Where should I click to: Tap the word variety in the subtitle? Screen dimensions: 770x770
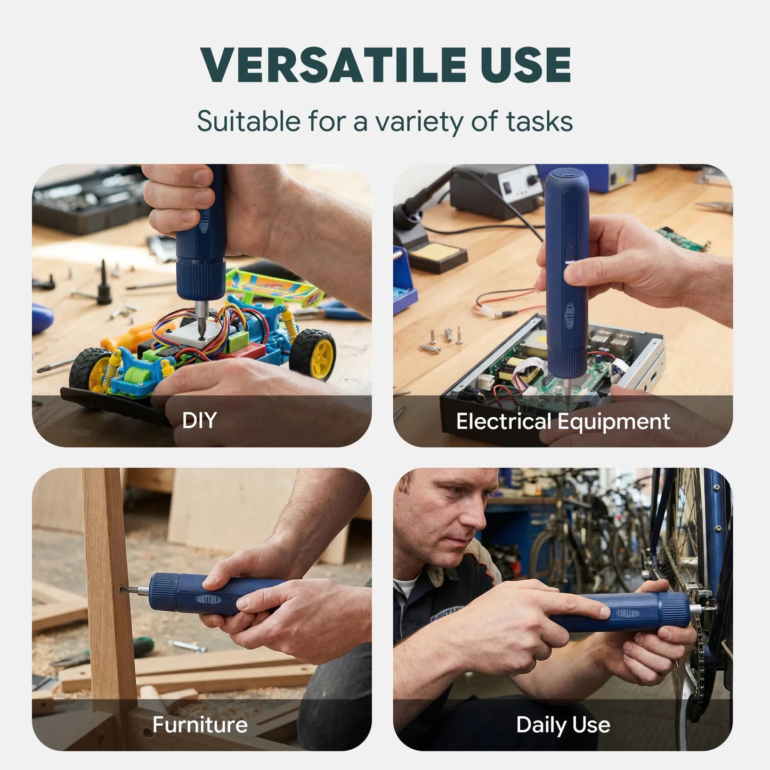point(420,121)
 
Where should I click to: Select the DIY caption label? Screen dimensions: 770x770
point(199,420)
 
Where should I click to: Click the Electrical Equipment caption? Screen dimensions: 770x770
point(563,422)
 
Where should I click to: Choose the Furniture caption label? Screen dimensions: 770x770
point(200,725)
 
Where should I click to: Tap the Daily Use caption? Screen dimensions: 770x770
point(563,725)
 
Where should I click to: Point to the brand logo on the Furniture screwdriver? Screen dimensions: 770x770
point(216,601)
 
